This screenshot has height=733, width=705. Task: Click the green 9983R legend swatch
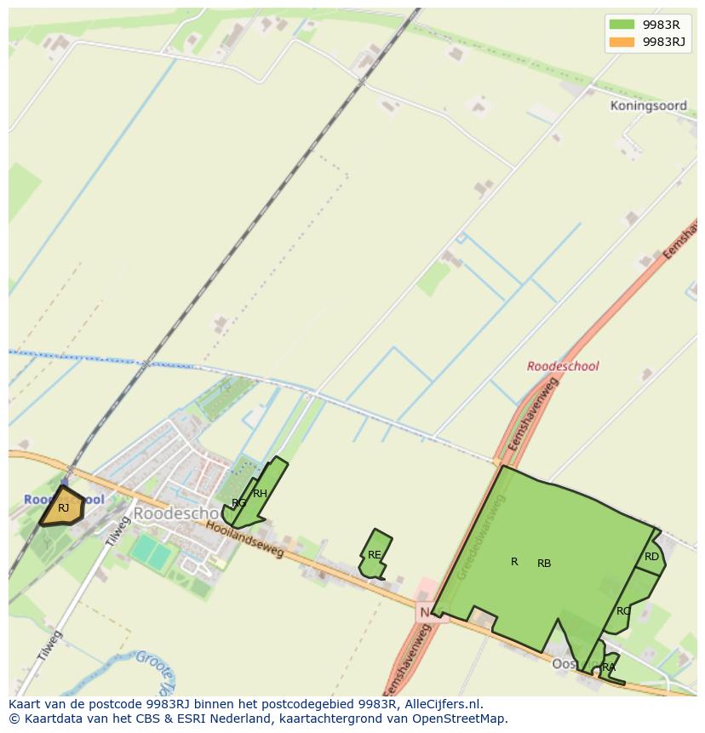(x=622, y=24)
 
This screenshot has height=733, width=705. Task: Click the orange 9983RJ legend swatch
(x=622, y=42)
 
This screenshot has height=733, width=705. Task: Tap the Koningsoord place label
(x=648, y=106)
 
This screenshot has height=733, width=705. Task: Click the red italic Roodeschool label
(x=563, y=366)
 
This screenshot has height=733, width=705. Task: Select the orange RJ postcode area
(x=63, y=508)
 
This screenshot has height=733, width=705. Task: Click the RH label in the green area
(x=260, y=494)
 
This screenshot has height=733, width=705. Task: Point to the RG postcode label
(x=239, y=503)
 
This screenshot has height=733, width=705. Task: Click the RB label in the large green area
(x=544, y=564)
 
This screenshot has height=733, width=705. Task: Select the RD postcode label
(x=651, y=557)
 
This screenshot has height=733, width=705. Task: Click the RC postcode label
(x=623, y=611)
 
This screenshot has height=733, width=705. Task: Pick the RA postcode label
(x=608, y=667)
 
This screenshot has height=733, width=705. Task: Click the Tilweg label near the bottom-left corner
(x=50, y=647)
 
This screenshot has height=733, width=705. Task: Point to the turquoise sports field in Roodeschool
(x=151, y=552)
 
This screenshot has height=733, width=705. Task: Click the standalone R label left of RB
(x=514, y=562)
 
